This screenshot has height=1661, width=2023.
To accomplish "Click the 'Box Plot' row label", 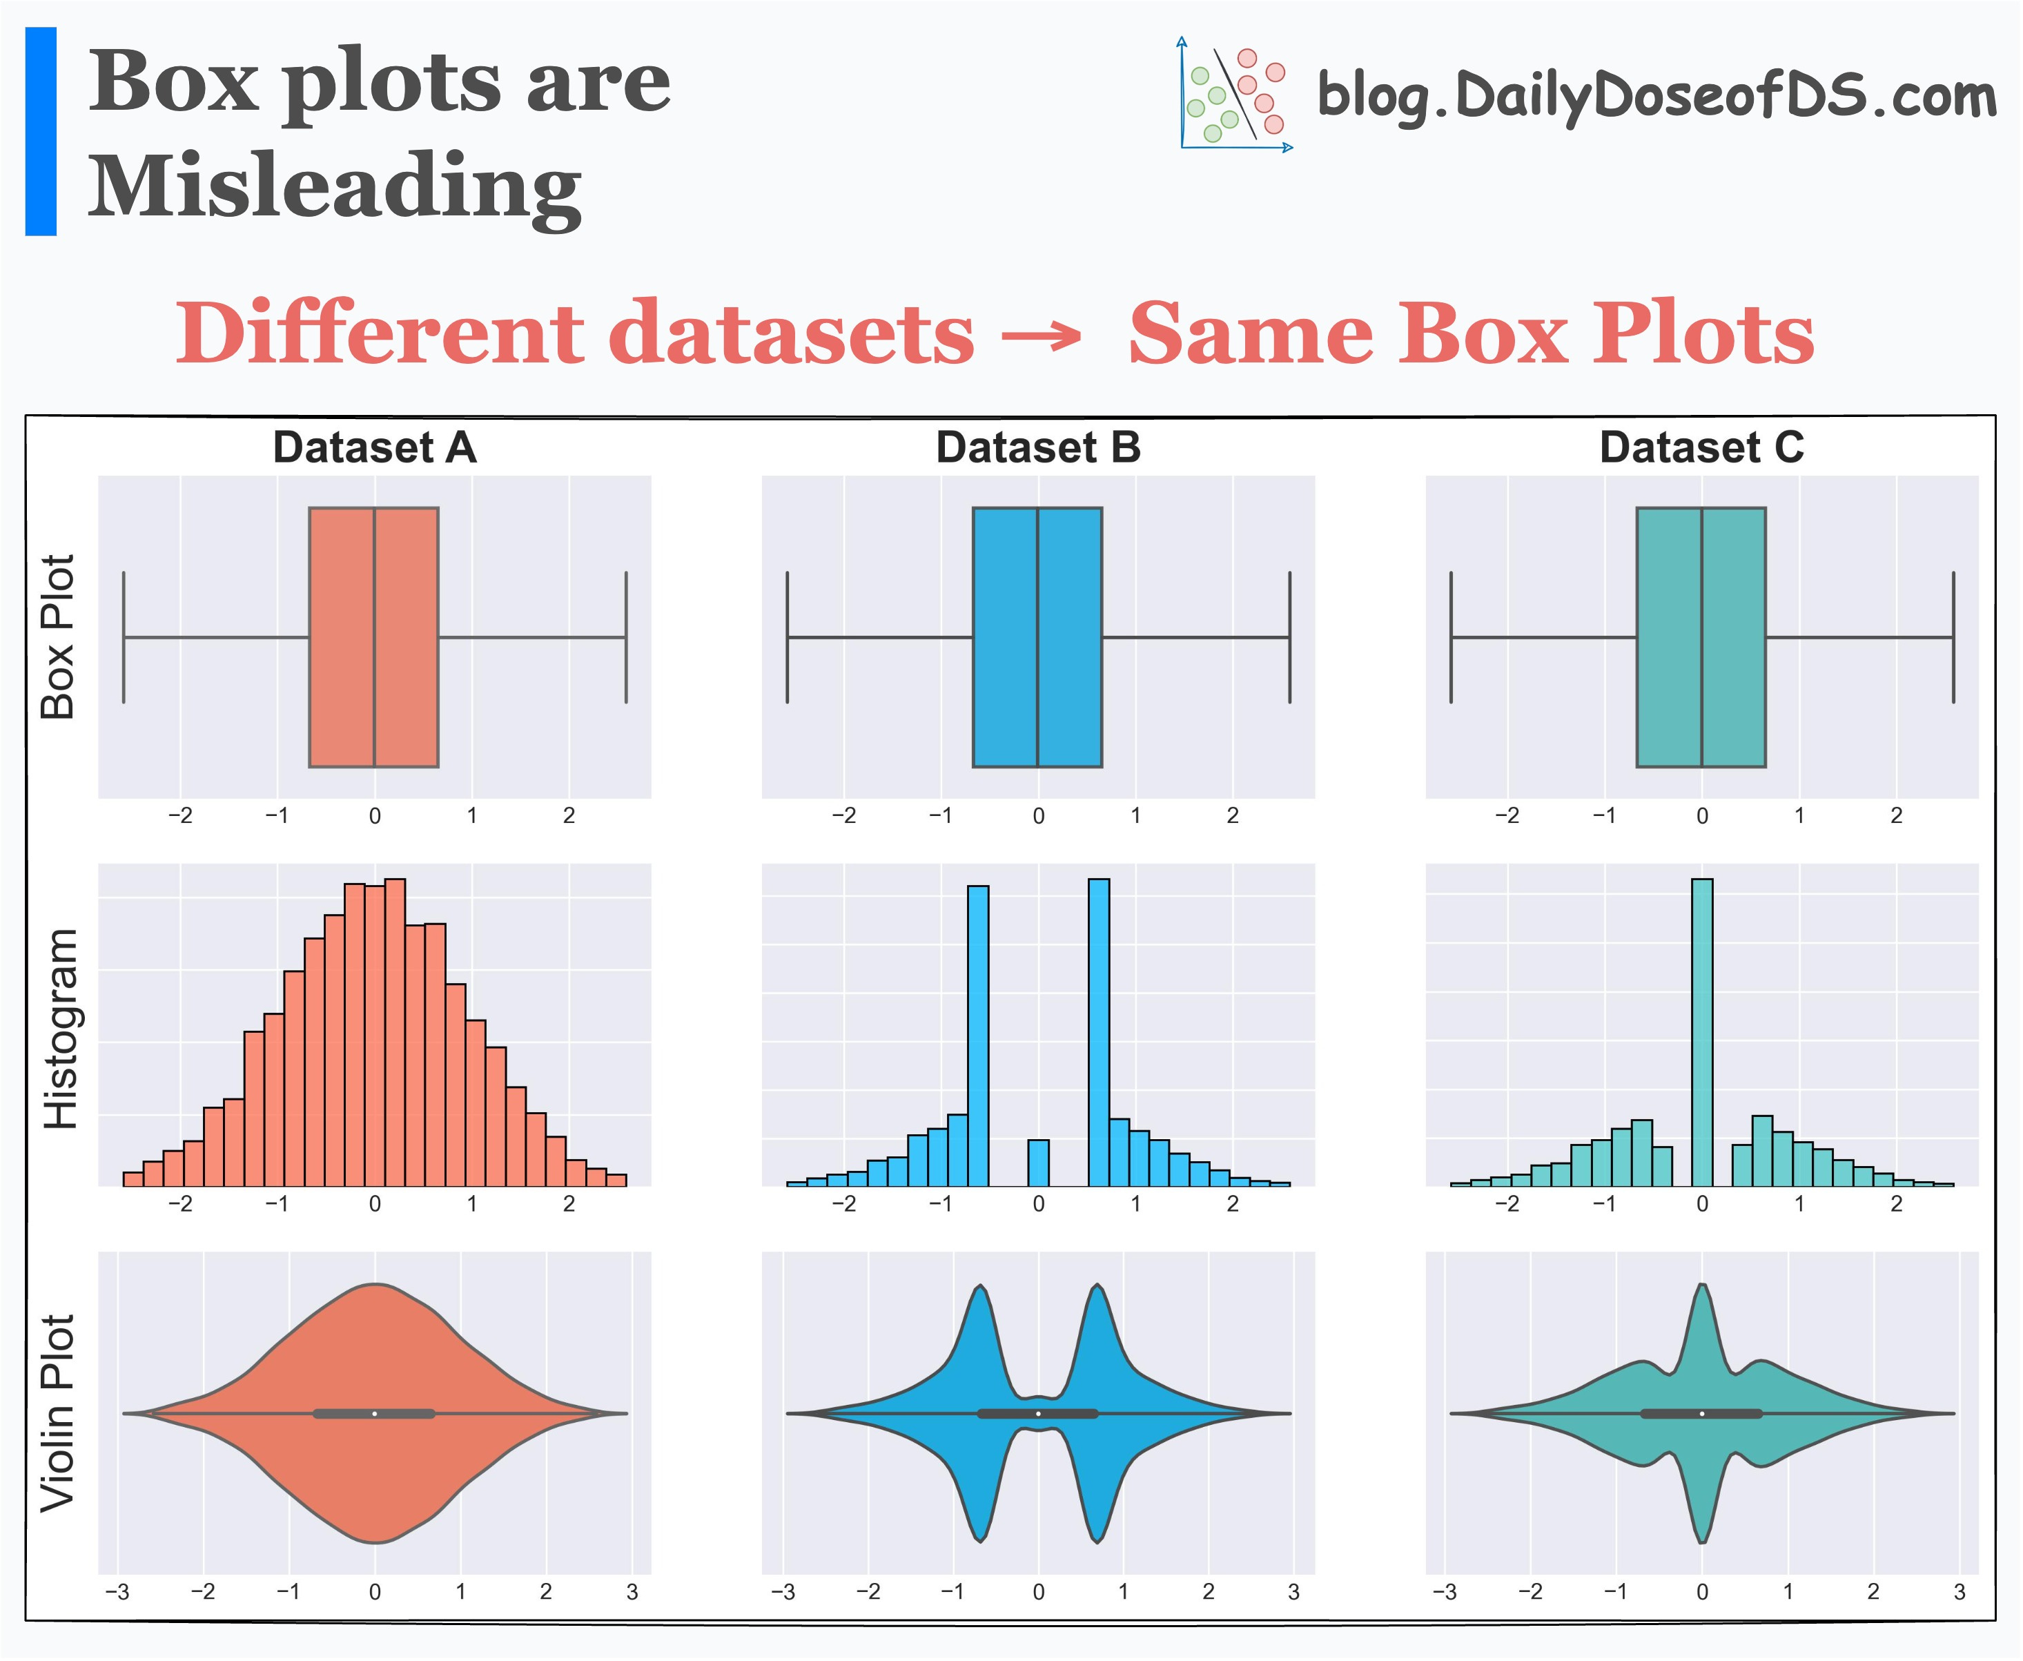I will (57, 637).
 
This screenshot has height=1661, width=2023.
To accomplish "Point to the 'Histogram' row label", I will (59, 1029).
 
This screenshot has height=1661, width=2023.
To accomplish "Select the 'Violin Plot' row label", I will (57, 1413).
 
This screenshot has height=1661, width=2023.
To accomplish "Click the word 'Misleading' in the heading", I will (334, 186).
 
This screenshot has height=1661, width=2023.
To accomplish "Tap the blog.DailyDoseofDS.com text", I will (1656, 97).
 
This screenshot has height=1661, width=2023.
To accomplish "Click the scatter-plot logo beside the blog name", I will (1235, 96).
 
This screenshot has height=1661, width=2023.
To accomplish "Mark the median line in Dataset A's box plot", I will (374, 637).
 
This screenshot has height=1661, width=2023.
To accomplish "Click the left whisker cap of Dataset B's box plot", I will (788, 637).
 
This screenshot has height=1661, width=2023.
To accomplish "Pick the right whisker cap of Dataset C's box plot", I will (1953, 637).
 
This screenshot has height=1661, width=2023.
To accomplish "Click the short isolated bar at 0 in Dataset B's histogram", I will (1038, 1163).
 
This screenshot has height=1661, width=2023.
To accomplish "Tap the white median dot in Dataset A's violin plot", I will (375, 1413).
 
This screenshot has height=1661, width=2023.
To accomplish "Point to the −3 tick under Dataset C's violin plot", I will (1445, 1592).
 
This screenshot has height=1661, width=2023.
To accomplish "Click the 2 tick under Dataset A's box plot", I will (569, 815).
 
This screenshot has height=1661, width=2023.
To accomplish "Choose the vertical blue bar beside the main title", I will (41, 131).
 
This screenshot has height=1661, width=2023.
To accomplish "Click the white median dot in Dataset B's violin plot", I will (1039, 1413).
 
